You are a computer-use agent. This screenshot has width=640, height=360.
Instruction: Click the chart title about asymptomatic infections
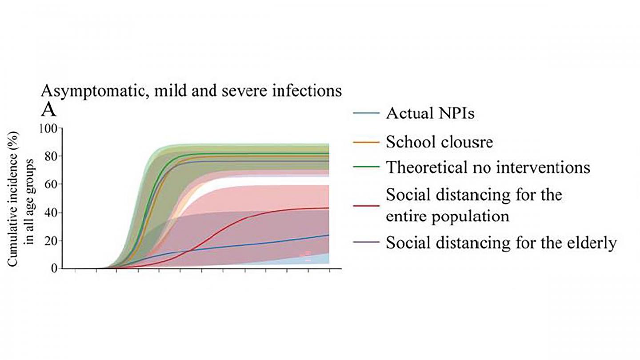(x=192, y=91)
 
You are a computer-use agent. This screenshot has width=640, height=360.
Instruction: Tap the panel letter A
(x=48, y=109)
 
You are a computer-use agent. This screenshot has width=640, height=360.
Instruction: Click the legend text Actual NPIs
(x=430, y=113)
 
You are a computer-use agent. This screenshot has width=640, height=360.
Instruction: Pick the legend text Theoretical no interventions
(x=488, y=167)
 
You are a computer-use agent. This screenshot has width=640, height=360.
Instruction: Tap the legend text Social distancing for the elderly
(x=501, y=243)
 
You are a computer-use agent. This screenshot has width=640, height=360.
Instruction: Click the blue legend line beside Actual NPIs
(x=366, y=114)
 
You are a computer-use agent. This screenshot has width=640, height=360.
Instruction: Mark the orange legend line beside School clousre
(x=366, y=142)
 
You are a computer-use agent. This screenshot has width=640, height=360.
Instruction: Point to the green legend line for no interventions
(x=366, y=168)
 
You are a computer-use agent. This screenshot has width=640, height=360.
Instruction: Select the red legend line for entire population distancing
(x=366, y=205)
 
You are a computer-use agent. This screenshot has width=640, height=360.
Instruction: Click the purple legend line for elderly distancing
(x=366, y=243)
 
